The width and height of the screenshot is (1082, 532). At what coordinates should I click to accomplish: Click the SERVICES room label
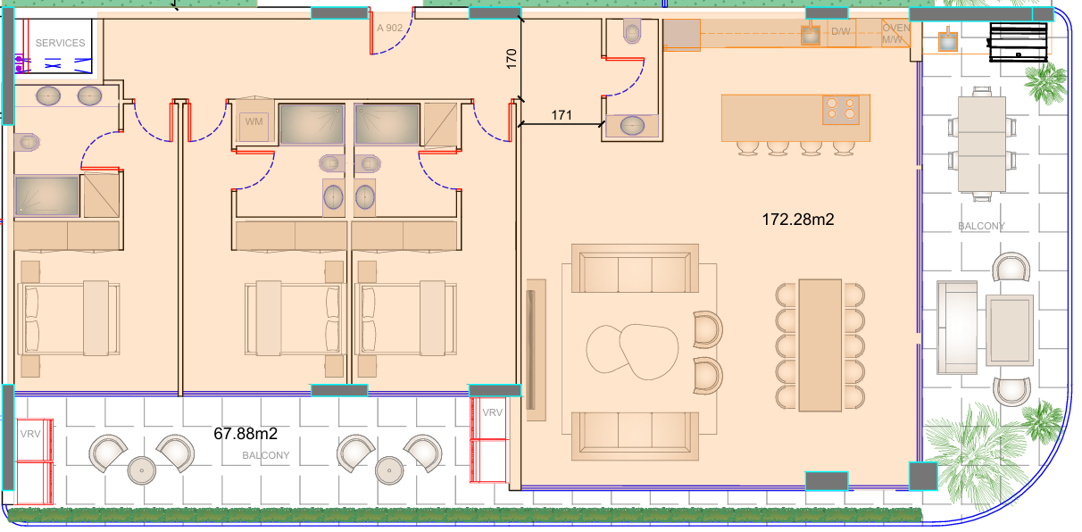click(x=61, y=43)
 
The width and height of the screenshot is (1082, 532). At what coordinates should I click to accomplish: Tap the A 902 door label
click(x=389, y=28)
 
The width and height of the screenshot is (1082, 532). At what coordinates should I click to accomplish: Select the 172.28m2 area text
click(x=798, y=220)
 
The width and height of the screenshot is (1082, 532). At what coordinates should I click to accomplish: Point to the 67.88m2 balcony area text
click(x=246, y=434)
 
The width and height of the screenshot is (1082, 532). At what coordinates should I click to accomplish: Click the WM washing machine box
click(x=254, y=121)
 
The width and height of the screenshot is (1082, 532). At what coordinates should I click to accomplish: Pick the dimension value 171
click(x=562, y=115)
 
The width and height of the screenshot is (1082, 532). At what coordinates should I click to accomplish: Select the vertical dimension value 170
click(x=512, y=59)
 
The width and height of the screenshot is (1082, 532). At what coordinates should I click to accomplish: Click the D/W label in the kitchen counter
click(x=840, y=31)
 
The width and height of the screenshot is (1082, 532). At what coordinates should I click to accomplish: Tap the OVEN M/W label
click(x=896, y=33)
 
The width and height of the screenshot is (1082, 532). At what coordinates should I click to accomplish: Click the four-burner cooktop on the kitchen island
click(x=841, y=110)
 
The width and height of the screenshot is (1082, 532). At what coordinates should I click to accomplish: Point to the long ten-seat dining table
click(x=820, y=345)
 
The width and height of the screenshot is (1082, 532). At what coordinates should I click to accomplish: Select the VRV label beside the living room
click(x=492, y=412)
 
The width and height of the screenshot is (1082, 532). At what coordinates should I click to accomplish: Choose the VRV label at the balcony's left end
click(x=30, y=434)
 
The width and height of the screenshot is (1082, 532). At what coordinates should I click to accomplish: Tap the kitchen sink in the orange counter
click(x=811, y=35)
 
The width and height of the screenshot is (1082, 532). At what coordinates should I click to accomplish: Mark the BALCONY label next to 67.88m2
click(x=266, y=455)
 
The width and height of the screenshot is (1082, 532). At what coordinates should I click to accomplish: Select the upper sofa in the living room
click(x=635, y=269)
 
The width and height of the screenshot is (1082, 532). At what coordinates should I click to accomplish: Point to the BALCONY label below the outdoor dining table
click(x=981, y=226)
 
